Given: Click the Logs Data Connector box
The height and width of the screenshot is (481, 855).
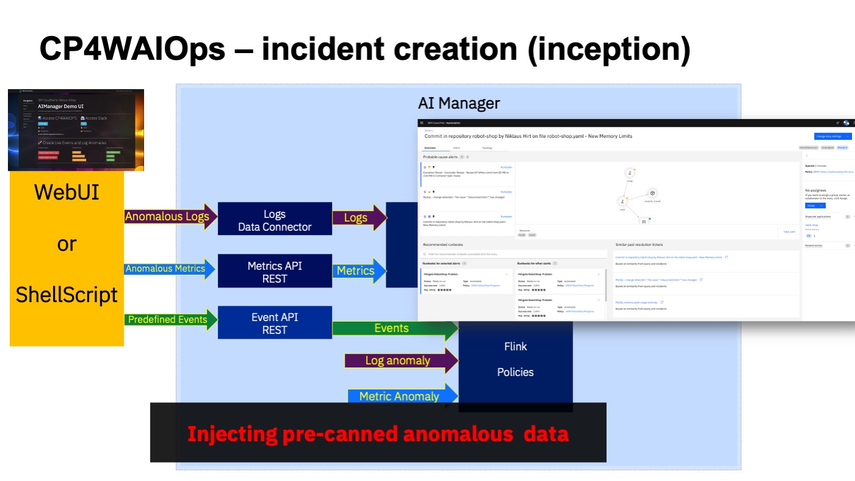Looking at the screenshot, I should [x=275, y=220].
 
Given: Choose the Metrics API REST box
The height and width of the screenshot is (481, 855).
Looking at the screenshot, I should [x=275, y=272].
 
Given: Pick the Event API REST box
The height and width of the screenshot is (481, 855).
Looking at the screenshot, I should [x=275, y=323].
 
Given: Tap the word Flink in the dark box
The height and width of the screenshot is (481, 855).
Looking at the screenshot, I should [x=516, y=346].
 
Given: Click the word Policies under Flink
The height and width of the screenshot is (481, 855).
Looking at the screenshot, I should [x=516, y=372].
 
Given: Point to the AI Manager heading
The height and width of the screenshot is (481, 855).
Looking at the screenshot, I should [x=459, y=103].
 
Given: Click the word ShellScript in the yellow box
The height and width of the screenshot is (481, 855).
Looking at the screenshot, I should [x=67, y=295].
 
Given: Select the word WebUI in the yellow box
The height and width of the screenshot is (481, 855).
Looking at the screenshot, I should [x=67, y=192].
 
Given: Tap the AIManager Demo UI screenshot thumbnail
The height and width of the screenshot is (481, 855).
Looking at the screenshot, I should [x=75, y=130].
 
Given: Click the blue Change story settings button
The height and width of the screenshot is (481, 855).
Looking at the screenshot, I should [x=832, y=136].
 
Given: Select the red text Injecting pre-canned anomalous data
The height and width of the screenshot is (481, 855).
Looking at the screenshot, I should [x=378, y=434].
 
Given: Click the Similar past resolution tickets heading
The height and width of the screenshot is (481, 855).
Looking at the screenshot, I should [x=638, y=245].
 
